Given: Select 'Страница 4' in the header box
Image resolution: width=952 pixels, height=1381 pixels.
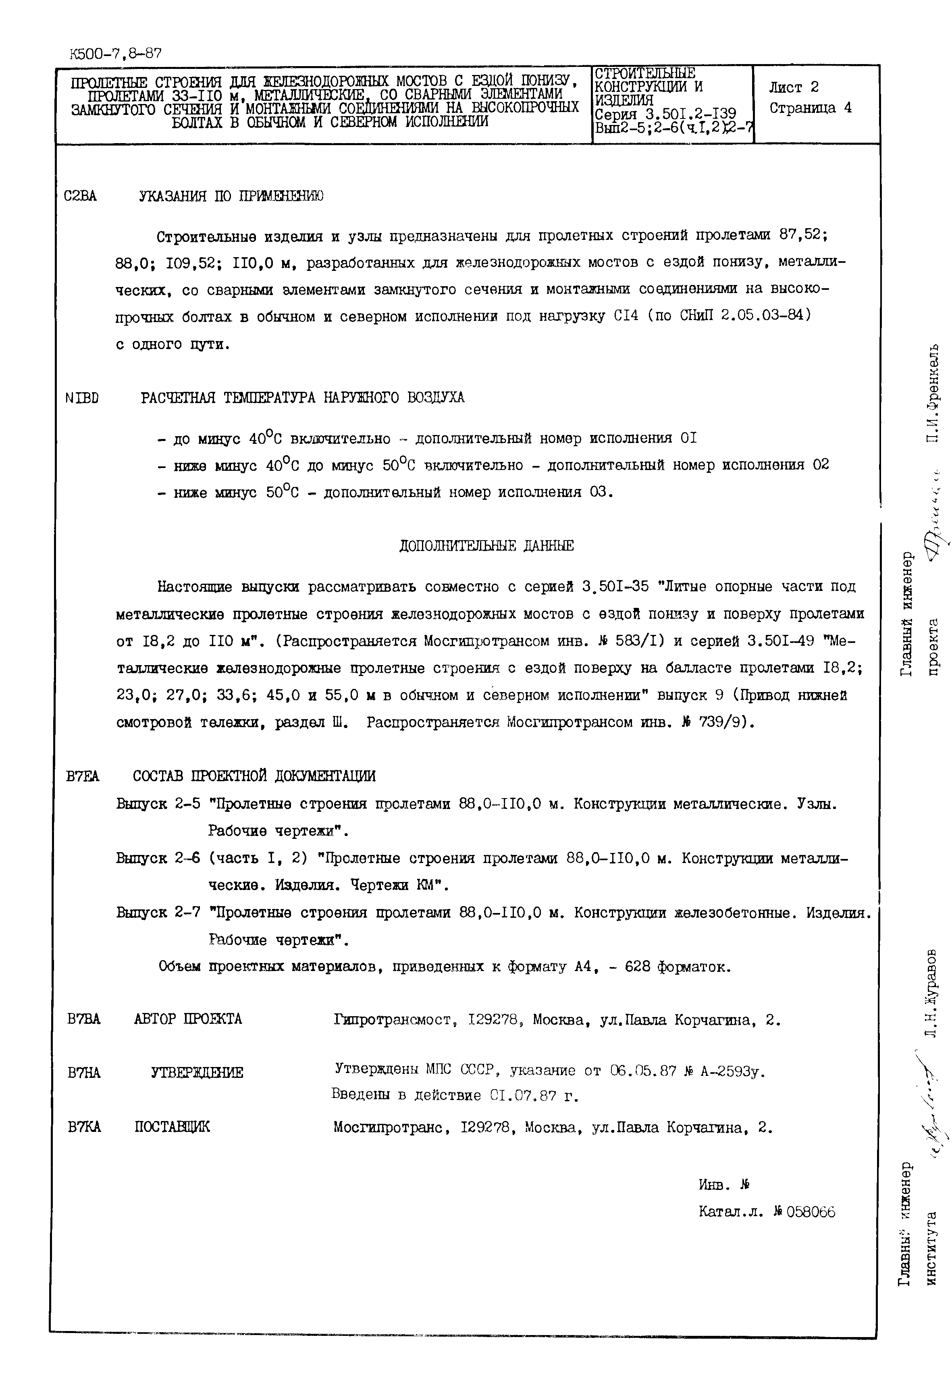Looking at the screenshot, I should click(x=810, y=108).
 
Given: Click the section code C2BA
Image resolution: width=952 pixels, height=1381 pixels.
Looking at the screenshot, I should click(x=80, y=196).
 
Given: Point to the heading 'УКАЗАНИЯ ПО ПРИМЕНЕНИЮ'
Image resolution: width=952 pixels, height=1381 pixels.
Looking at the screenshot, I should click(x=231, y=196).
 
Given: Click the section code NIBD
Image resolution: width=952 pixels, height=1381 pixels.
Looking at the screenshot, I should click(x=82, y=397).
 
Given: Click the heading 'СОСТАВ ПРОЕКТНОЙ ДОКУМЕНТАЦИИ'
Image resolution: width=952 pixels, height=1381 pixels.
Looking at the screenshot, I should click(x=254, y=776).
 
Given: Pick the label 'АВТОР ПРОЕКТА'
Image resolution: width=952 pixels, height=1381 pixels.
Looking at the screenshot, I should click(x=188, y=1019).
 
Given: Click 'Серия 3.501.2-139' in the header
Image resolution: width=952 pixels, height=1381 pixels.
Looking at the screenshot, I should click(x=665, y=114).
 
